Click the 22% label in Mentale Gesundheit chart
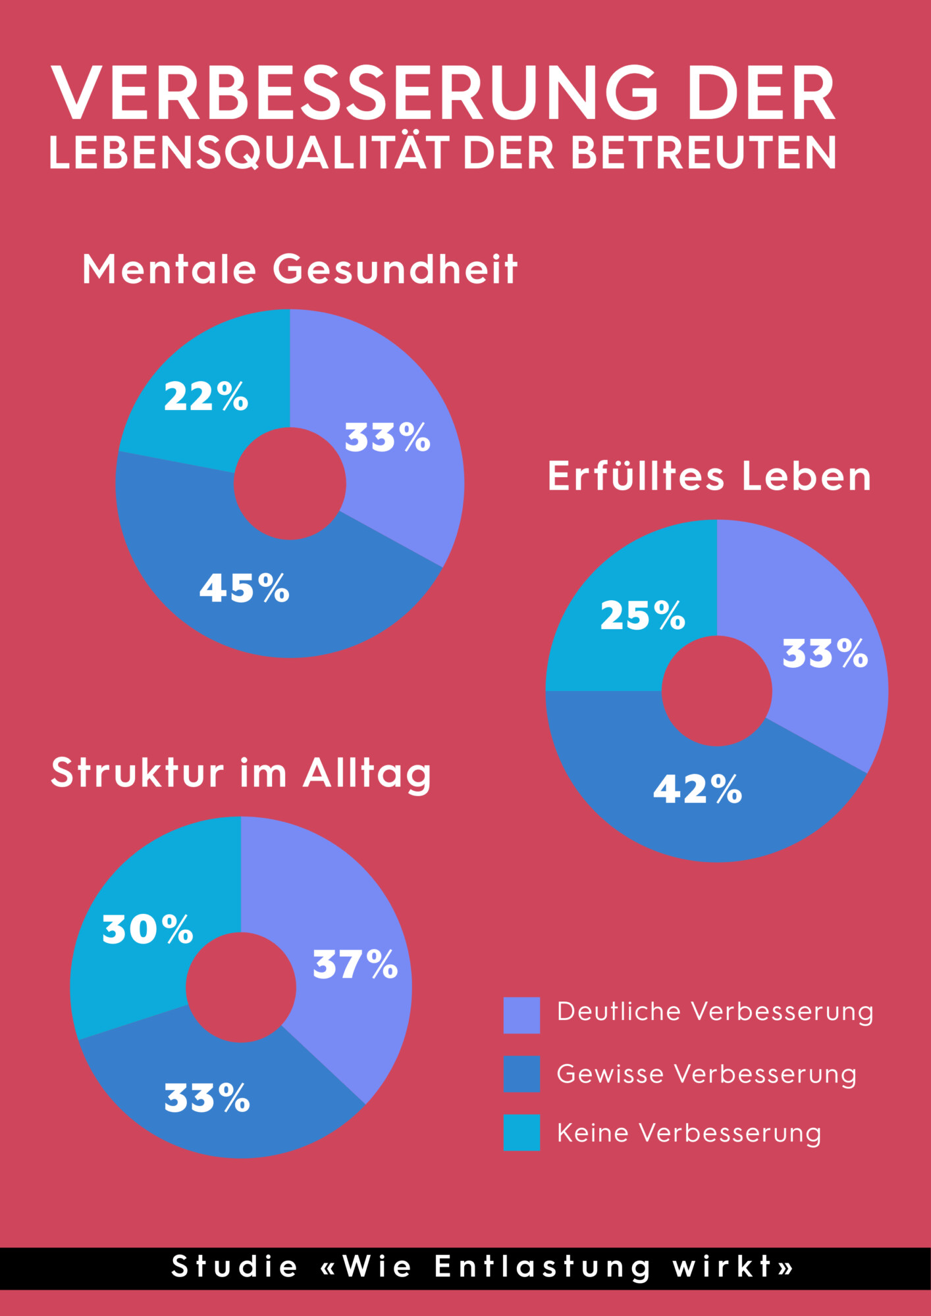(206, 397)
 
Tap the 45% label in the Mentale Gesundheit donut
(244, 588)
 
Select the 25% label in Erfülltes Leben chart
(643, 615)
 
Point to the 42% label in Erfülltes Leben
(697, 788)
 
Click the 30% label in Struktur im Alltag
(147, 929)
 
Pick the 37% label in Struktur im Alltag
(355, 964)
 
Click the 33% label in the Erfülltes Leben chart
(825, 653)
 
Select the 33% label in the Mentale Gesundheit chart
(387, 438)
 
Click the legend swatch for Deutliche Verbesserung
(521, 1015)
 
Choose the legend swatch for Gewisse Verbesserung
(521, 1074)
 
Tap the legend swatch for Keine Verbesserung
(521, 1132)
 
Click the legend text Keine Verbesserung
(689, 1133)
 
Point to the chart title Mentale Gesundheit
(300, 269)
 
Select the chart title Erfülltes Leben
(709, 476)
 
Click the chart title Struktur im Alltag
(241, 772)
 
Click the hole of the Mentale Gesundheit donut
(290, 484)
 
